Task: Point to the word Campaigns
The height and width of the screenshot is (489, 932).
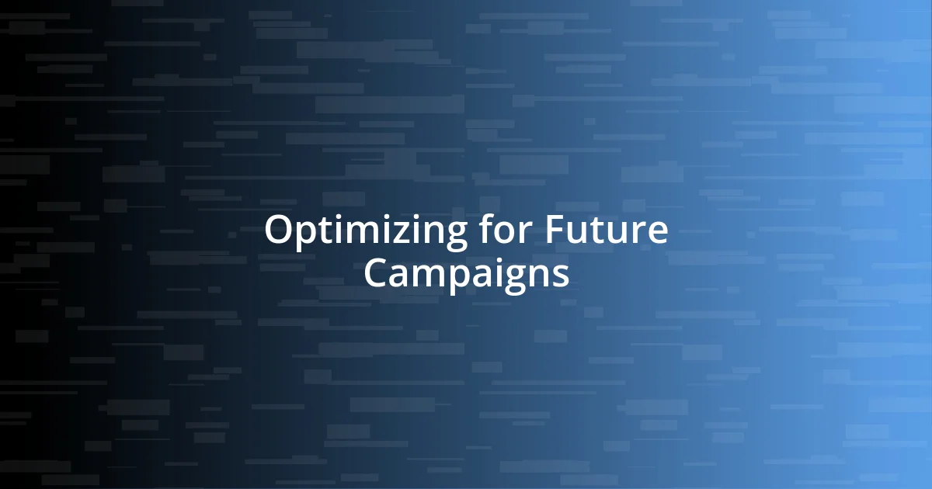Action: click(x=466, y=273)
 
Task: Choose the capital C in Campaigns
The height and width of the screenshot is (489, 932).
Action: click(x=376, y=272)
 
